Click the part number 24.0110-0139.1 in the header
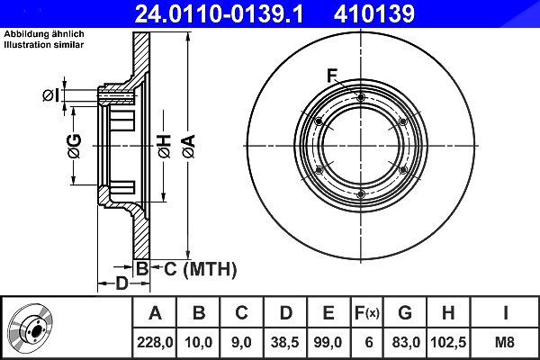[x=219, y=13]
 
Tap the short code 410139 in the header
[x=374, y=13]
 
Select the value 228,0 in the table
[x=155, y=342]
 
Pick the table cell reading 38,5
[x=284, y=342]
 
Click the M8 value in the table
[x=504, y=342]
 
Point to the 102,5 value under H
[x=448, y=342]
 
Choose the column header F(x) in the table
[x=367, y=313]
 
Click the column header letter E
[x=328, y=313]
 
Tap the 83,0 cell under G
[x=406, y=342]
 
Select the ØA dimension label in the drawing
[x=189, y=147]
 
